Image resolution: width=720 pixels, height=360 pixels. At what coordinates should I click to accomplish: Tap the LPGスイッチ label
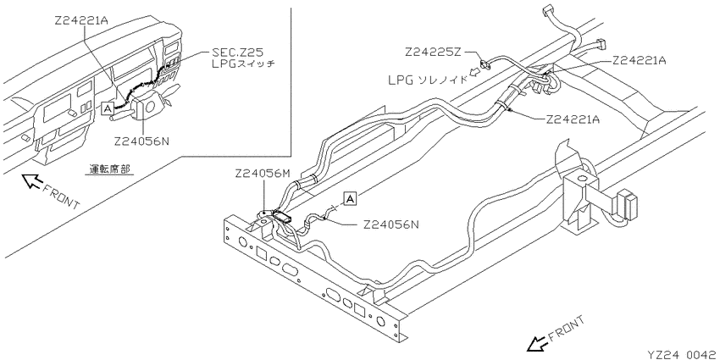click(x=242, y=64)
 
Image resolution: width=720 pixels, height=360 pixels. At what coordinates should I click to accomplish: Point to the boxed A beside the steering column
click(x=108, y=108)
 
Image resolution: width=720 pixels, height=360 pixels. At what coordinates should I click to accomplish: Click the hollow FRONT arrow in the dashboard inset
click(x=31, y=180)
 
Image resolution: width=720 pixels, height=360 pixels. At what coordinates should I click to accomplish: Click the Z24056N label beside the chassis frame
click(x=391, y=224)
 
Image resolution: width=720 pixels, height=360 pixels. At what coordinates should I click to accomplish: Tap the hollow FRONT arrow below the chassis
click(x=536, y=342)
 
